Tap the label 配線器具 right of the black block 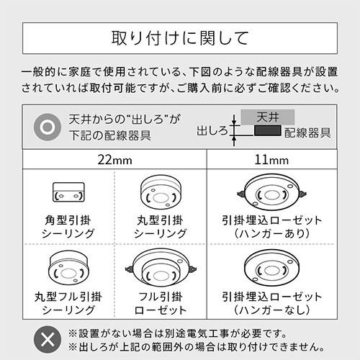click(x=307, y=132)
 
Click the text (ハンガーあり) click(x=272, y=234)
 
